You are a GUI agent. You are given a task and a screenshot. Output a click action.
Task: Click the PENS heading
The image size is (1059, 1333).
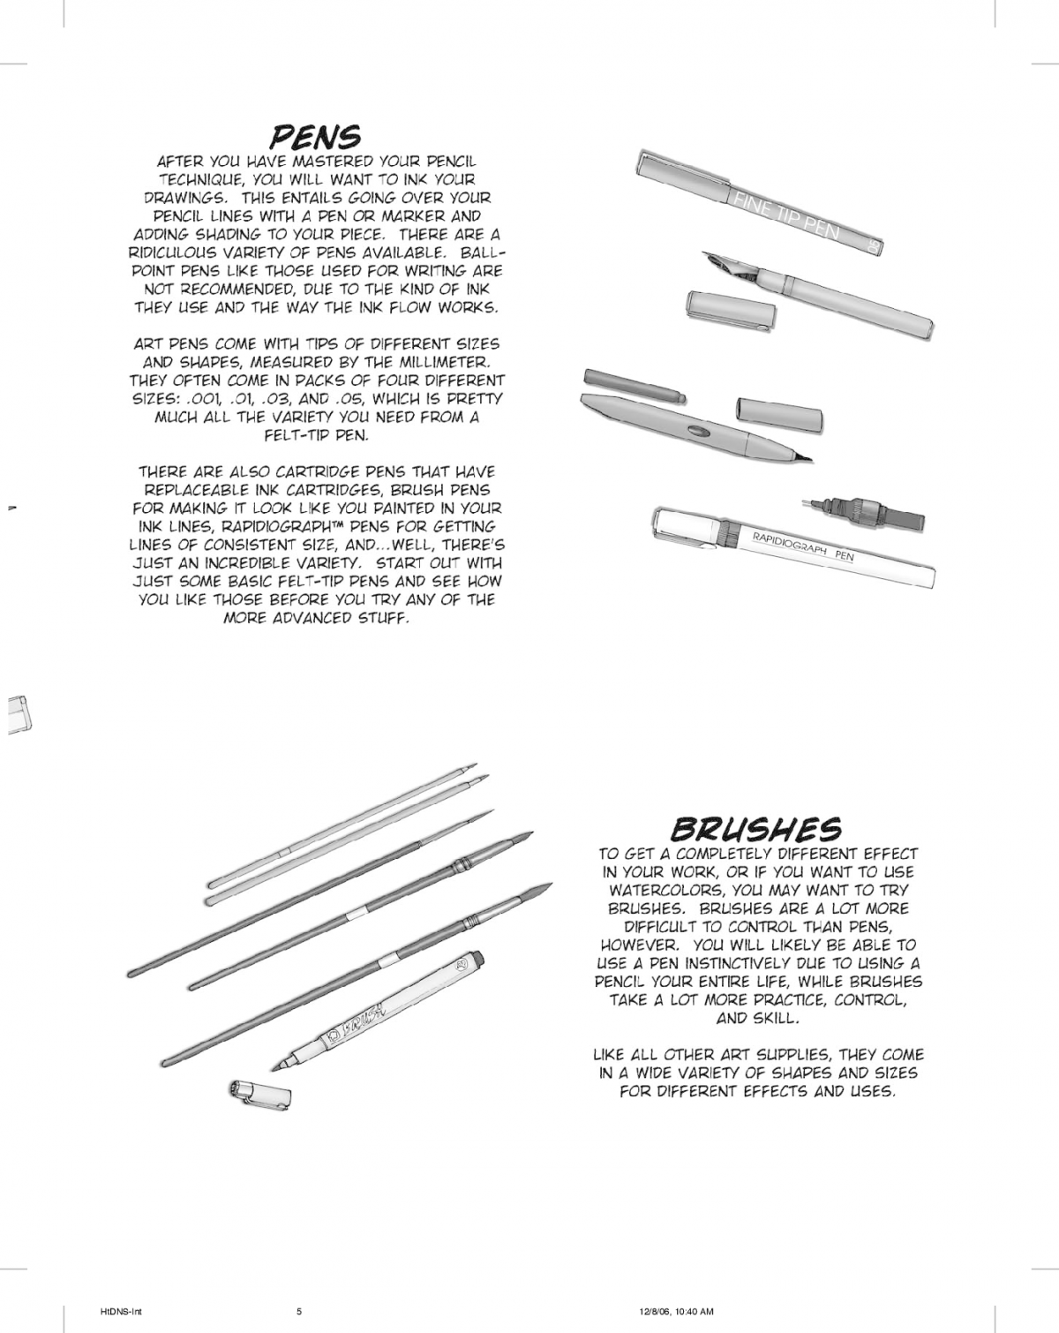click(315, 137)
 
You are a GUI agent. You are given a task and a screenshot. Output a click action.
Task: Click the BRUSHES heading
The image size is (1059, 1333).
click(755, 828)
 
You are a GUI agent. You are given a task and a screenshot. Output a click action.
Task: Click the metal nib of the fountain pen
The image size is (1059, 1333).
click(721, 264)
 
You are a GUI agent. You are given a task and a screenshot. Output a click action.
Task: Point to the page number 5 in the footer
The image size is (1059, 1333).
click(299, 1311)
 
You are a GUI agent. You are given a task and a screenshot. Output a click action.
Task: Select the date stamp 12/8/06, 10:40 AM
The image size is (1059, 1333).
click(677, 1311)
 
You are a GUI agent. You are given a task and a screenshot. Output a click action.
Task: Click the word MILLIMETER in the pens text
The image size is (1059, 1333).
click(445, 362)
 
